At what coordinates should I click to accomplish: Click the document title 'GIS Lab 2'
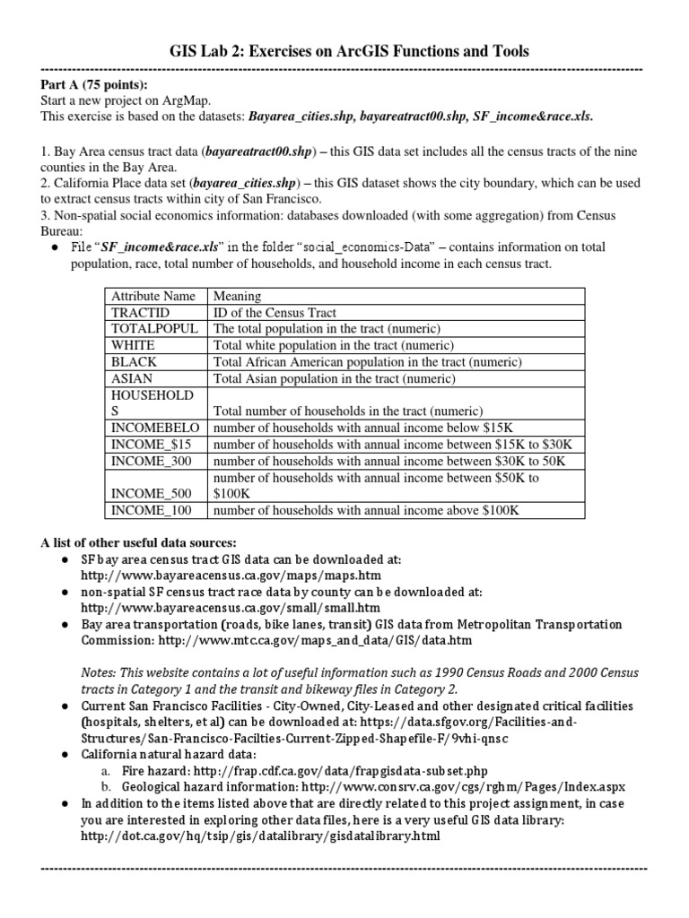pos(344,51)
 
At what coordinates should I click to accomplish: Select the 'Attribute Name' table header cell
pos(153,296)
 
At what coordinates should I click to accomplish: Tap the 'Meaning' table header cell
pos(237,296)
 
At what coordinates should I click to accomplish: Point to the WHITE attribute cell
pos(133,345)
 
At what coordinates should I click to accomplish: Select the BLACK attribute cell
pos(134,361)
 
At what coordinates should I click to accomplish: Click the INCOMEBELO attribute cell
pos(156,428)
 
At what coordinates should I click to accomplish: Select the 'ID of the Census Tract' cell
pos(275,312)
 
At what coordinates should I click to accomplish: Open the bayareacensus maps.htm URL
pos(231,576)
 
